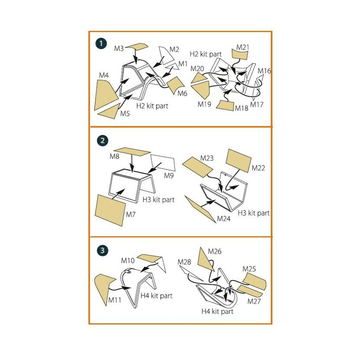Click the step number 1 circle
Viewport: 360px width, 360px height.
[101, 43]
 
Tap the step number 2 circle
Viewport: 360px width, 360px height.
[102, 140]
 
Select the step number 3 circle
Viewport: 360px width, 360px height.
[102, 250]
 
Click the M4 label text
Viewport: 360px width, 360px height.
[104, 75]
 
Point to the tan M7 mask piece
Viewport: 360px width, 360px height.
[110, 210]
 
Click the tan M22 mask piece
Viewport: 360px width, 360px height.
[238, 160]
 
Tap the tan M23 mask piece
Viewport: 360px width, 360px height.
[198, 167]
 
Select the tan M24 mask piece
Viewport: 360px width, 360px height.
[200, 209]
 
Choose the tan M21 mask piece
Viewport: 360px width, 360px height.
[240, 55]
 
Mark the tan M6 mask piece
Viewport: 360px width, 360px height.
[176, 85]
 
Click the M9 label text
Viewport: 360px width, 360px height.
[169, 176]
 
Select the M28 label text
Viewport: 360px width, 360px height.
[184, 262]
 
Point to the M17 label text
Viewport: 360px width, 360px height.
[257, 105]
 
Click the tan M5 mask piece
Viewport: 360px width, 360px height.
[109, 111]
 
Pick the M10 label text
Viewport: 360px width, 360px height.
[128, 261]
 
